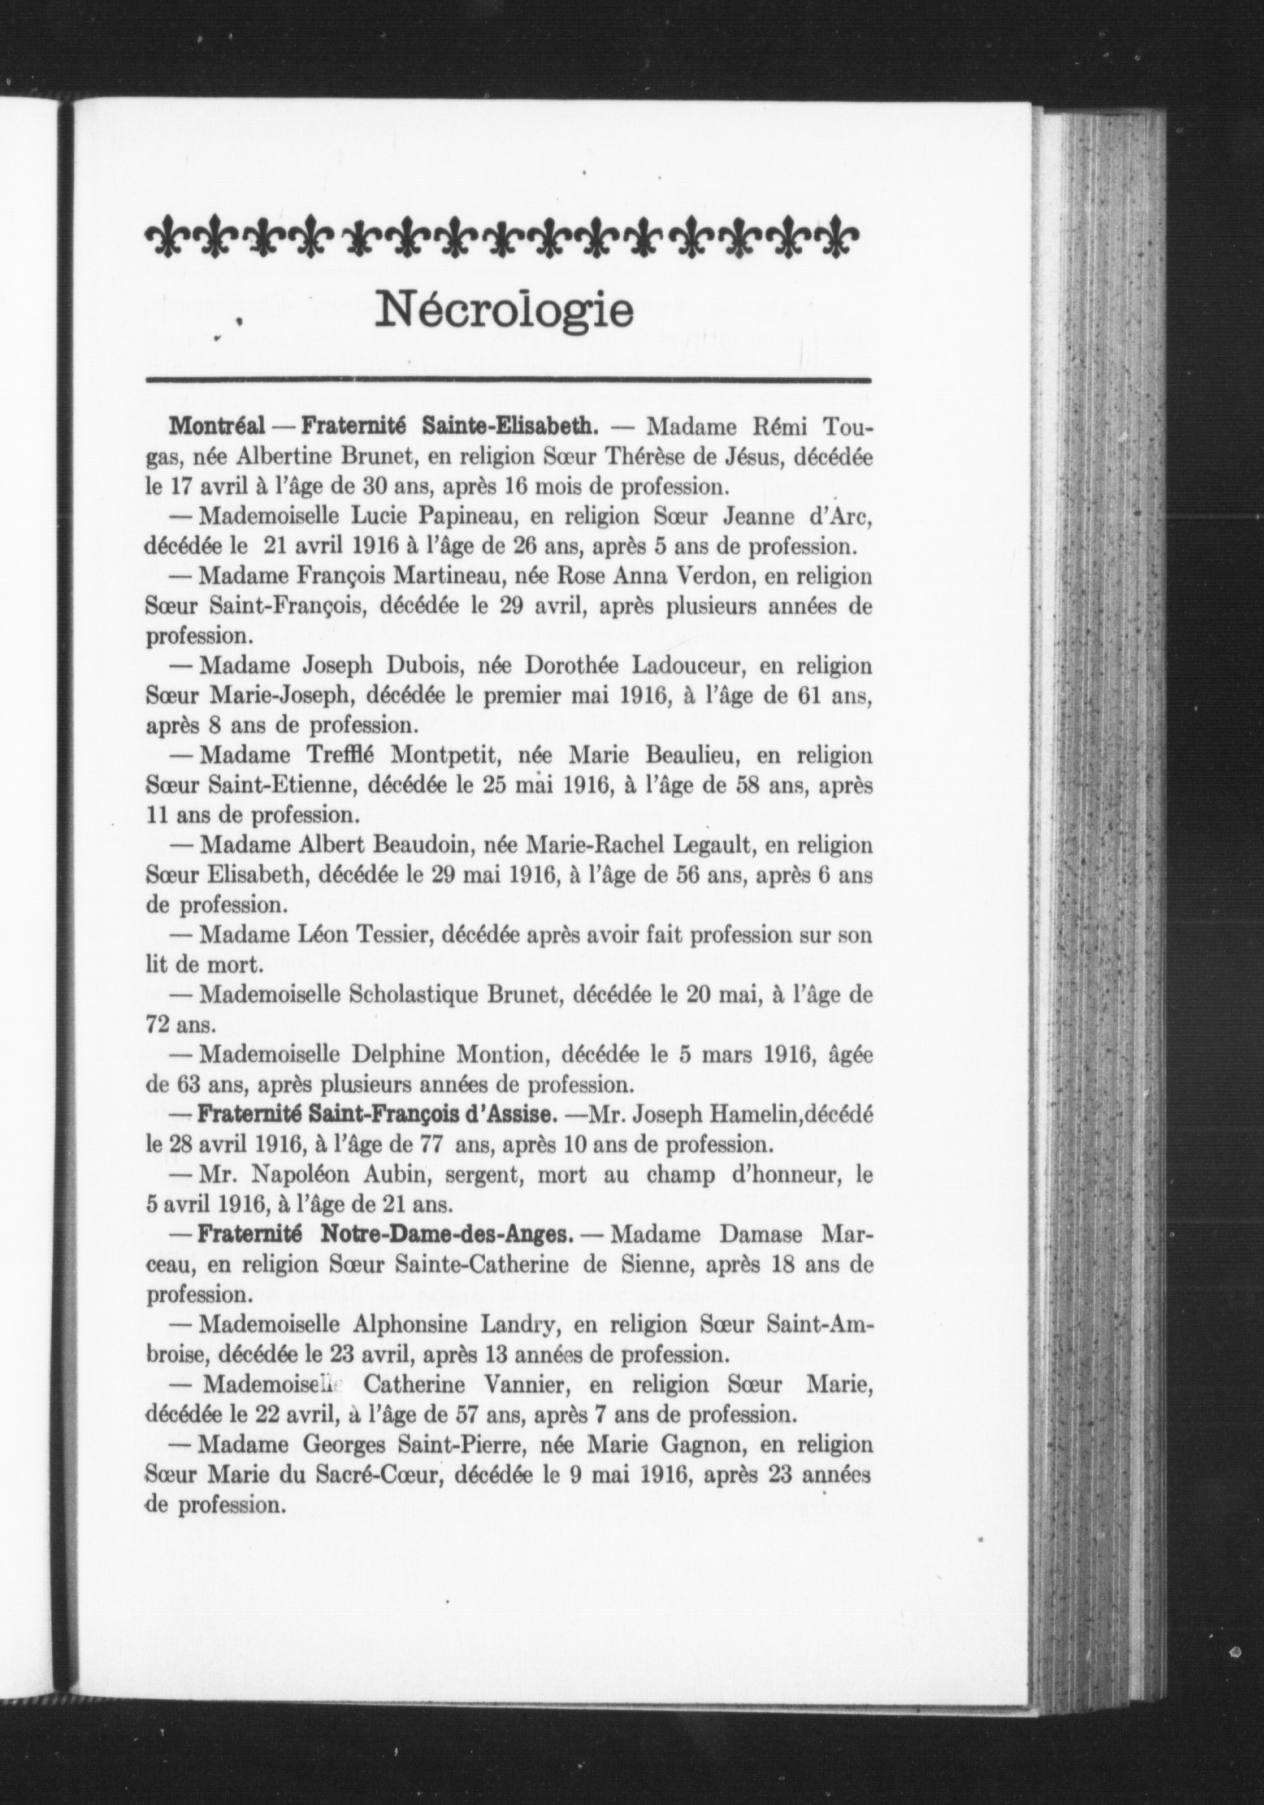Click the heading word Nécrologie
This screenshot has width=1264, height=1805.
coord(505,311)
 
